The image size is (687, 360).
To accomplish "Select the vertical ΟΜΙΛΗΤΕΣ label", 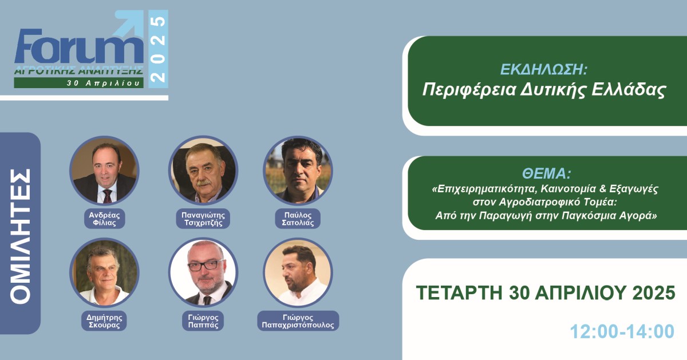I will [x=20, y=235].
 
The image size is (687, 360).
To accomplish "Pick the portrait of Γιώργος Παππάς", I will [x=203, y=272].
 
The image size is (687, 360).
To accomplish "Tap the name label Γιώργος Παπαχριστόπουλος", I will [x=298, y=321].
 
